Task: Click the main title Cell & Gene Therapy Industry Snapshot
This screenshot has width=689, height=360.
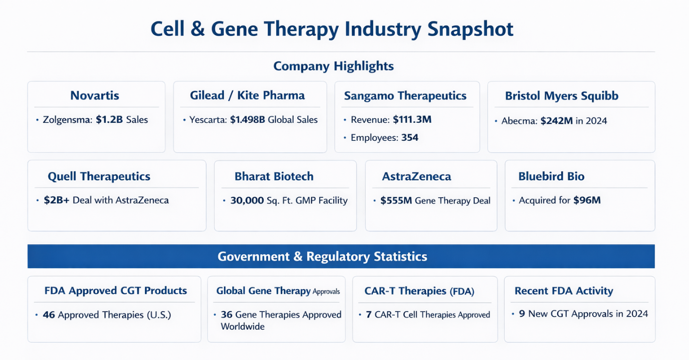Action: [332, 29]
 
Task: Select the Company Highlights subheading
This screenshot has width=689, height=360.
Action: [333, 66]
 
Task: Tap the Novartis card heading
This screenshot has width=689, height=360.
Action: [94, 95]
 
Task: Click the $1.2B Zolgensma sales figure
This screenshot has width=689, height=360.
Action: [109, 120]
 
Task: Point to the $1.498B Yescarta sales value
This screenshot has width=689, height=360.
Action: [248, 120]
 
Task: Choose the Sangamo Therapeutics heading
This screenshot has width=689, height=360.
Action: [405, 96]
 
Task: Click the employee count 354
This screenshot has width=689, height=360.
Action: [410, 138]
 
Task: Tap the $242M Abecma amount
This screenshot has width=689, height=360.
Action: [557, 121]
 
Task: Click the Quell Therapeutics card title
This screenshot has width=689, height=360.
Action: [99, 176]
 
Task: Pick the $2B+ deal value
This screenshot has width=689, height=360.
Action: [56, 200]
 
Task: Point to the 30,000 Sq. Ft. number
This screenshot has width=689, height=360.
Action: [247, 201]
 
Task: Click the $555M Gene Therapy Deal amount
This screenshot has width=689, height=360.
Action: [396, 201]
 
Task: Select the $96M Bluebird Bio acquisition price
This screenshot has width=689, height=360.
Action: [587, 201]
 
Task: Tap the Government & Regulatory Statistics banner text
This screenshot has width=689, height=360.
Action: [322, 257]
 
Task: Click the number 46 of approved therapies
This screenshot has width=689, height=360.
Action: [49, 315]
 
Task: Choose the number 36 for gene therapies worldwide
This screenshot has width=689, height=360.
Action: [226, 315]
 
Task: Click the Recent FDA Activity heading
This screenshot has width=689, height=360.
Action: [564, 291]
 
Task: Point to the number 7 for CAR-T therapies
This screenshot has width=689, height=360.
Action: [369, 315]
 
